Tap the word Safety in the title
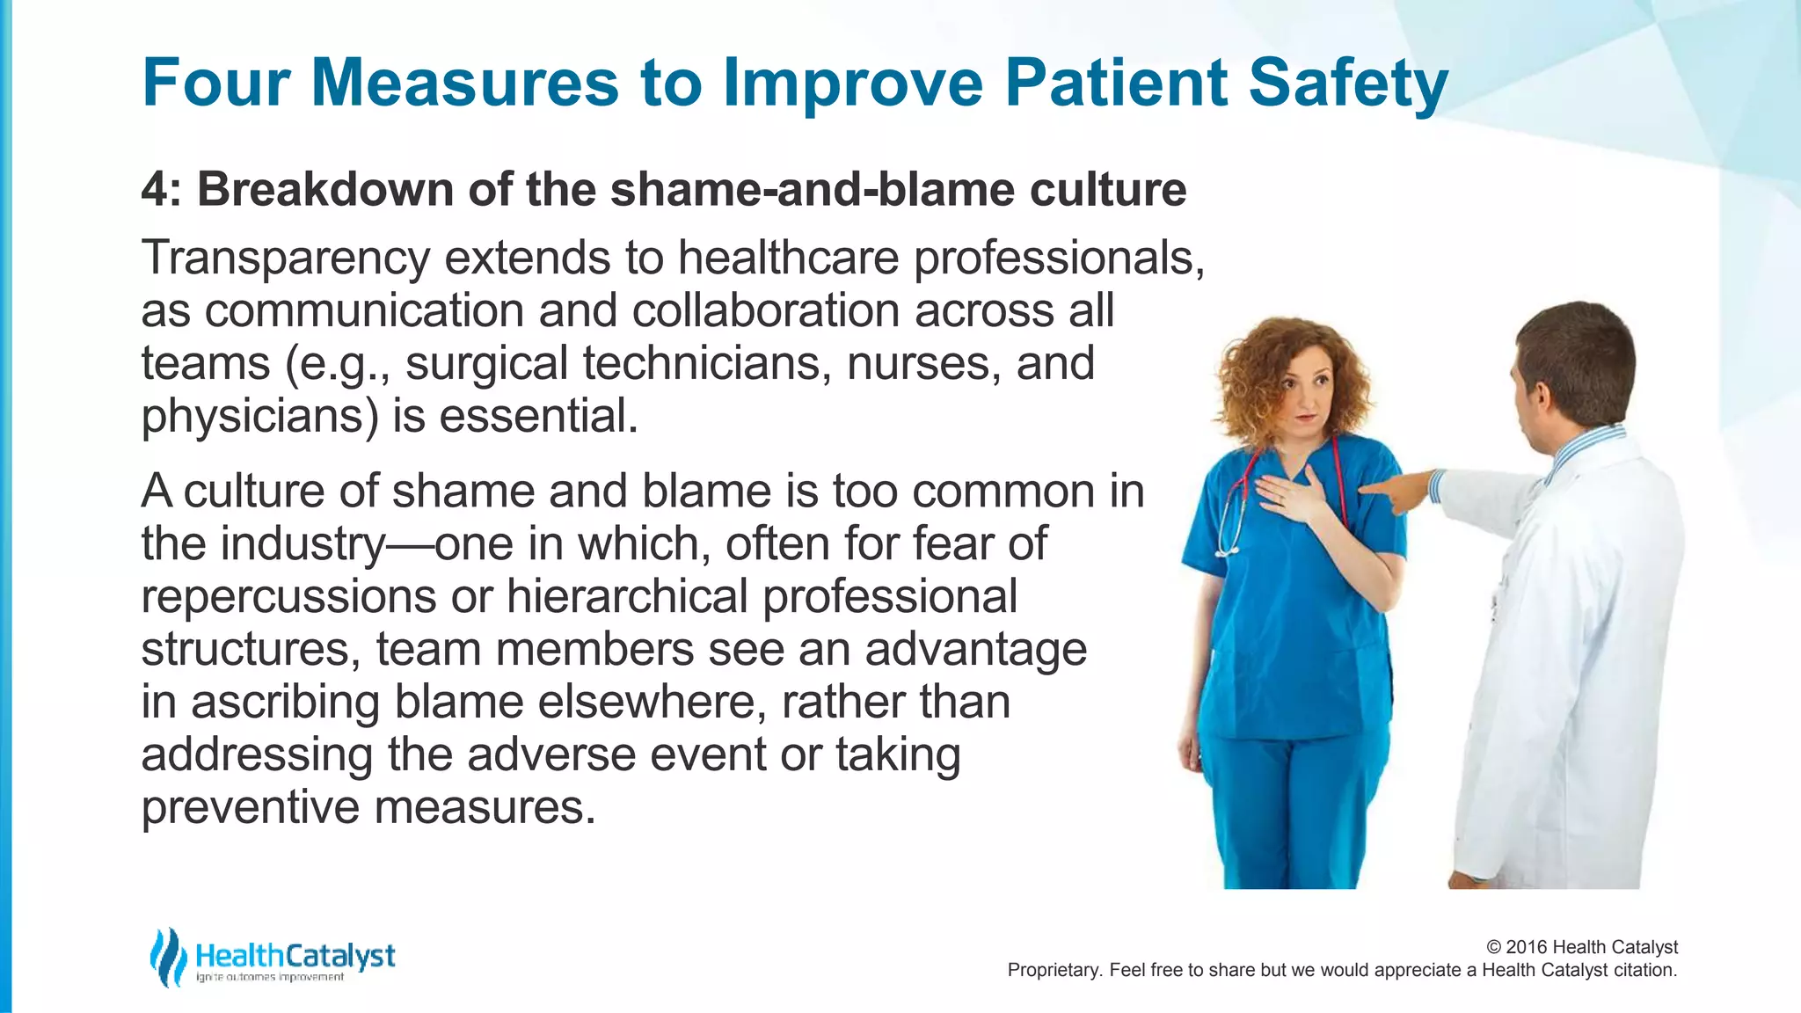point(1347,84)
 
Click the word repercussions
point(288,596)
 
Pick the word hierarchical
point(627,596)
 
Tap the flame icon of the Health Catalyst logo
point(167,957)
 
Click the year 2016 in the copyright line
point(1527,947)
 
